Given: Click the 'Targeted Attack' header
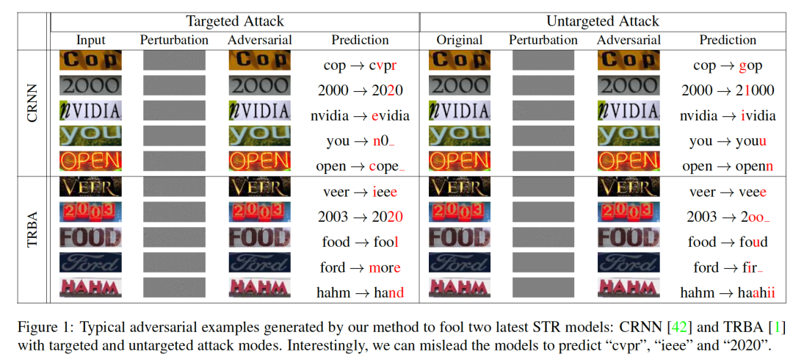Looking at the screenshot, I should click(x=234, y=21).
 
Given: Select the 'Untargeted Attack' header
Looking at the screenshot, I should click(x=603, y=21).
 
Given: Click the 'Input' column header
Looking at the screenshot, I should click(x=90, y=40).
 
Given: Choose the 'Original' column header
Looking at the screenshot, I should click(x=460, y=40).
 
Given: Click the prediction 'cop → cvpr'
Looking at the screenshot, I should click(x=360, y=65).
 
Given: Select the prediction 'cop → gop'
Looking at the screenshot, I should click(x=728, y=65).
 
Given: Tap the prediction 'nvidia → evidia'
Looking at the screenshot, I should click(x=360, y=115).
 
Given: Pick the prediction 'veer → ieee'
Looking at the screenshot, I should click(x=360, y=192).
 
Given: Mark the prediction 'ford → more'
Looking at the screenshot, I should click(x=360, y=267).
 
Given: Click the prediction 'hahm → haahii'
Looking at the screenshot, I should click(x=728, y=292).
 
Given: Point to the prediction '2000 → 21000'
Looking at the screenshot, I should click(x=728, y=90).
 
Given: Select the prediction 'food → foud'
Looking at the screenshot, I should click(x=728, y=242).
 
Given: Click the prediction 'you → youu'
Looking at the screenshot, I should click(x=728, y=141).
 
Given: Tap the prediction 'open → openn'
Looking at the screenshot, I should click(x=728, y=166).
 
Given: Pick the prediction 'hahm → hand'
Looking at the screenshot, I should click(x=360, y=292).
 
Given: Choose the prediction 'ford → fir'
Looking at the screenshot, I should click(x=728, y=267).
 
